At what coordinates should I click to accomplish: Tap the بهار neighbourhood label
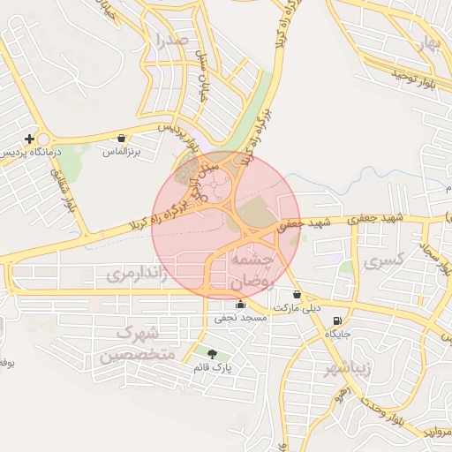429,44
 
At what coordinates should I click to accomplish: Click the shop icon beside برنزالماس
121,139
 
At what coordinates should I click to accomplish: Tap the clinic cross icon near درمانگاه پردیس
31,139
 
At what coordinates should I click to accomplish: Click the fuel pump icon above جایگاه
336,320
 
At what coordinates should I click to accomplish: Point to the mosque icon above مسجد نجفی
240,305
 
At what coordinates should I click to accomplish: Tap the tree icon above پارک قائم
211,354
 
